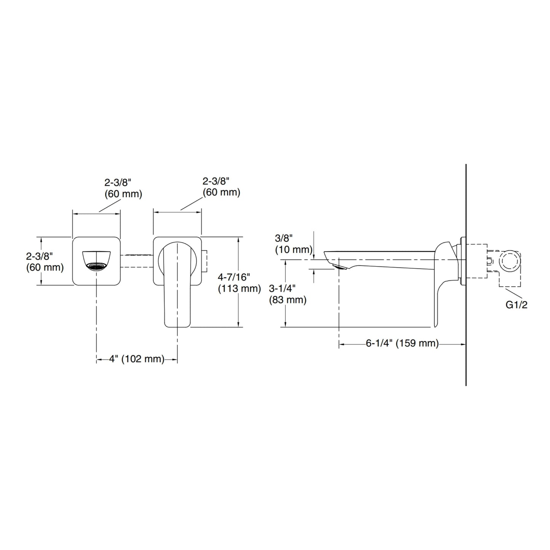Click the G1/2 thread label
tap(517, 305)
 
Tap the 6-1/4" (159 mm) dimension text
tap(402, 343)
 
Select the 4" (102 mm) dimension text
tap(137, 359)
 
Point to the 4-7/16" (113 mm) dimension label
tap(239, 283)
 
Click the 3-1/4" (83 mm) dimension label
tap(288, 294)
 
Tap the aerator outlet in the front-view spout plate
tap(96, 266)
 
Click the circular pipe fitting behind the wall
tap(510, 260)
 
